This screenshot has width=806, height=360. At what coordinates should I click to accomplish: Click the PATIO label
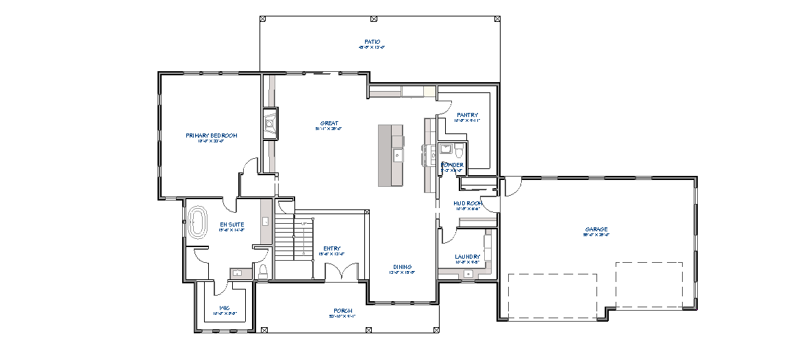pos(373,42)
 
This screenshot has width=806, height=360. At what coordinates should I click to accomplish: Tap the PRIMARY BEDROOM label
pos(212,136)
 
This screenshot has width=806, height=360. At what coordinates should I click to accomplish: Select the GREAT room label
pos(329,124)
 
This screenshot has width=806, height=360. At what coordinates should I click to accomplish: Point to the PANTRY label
pos(468,115)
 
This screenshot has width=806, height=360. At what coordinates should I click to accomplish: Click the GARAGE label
pos(596,229)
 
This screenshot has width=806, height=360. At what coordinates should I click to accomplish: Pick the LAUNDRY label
pos(468,257)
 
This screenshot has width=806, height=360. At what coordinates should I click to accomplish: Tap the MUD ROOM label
pos(468,203)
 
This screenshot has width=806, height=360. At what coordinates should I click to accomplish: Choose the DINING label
pos(403,267)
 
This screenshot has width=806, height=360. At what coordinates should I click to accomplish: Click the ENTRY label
pos(332,248)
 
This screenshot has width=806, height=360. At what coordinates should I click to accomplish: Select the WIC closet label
pos(225,308)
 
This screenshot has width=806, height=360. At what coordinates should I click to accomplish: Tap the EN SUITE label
pos(231,224)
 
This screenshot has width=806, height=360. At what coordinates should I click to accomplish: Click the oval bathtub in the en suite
pos(198,222)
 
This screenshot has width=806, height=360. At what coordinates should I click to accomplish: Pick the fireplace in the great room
pos(269,123)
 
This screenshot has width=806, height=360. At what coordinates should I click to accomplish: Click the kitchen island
pos(391,155)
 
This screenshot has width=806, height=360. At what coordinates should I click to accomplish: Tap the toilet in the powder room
pos(459,149)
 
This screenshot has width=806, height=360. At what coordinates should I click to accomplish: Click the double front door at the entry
pos(342,273)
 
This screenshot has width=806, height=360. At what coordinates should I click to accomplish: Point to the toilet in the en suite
pos(262,272)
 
